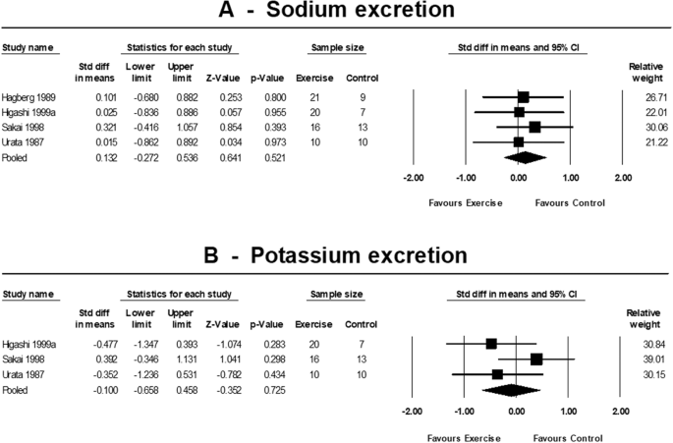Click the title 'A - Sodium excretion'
(x=336, y=13)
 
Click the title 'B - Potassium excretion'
(x=336, y=256)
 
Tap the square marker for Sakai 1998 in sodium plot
(x=533, y=127)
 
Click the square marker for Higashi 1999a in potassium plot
(x=491, y=344)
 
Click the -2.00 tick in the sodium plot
(x=413, y=179)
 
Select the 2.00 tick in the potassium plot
(x=621, y=411)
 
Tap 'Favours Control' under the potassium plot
(x=570, y=437)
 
